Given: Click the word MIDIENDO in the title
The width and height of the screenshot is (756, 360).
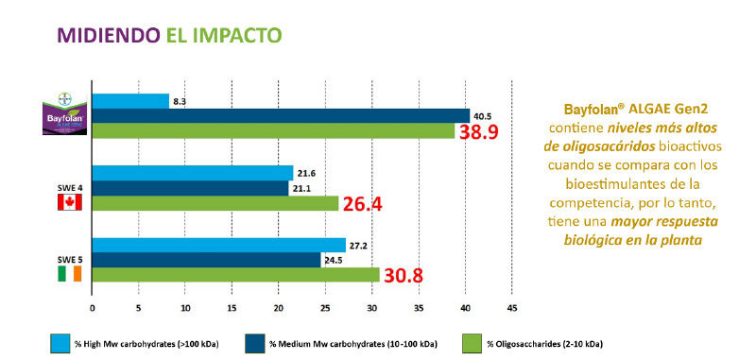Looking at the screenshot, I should [x=97, y=36].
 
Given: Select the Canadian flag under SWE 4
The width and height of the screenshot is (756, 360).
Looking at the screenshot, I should [x=71, y=203].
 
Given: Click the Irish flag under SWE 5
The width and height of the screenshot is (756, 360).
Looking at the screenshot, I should [x=71, y=274].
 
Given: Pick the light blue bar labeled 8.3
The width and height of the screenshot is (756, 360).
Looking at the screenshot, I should [x=130, y=101].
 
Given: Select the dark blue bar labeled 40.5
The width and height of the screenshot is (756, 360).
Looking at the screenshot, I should [x=281, y=116].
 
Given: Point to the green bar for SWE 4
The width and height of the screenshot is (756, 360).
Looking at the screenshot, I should [x=215, y=203].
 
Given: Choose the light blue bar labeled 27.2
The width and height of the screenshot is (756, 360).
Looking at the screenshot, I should [x=218, y=245].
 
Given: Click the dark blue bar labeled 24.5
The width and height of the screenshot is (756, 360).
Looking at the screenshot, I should [x=206, y=260].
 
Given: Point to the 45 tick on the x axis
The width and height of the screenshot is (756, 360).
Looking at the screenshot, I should [x=511, y=308].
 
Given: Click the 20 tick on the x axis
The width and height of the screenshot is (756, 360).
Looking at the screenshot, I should [x=278, y=308].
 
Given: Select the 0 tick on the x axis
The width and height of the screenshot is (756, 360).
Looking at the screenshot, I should [x=92, y=308].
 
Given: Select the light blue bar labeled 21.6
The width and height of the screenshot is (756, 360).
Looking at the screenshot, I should [x=193, y=173].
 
